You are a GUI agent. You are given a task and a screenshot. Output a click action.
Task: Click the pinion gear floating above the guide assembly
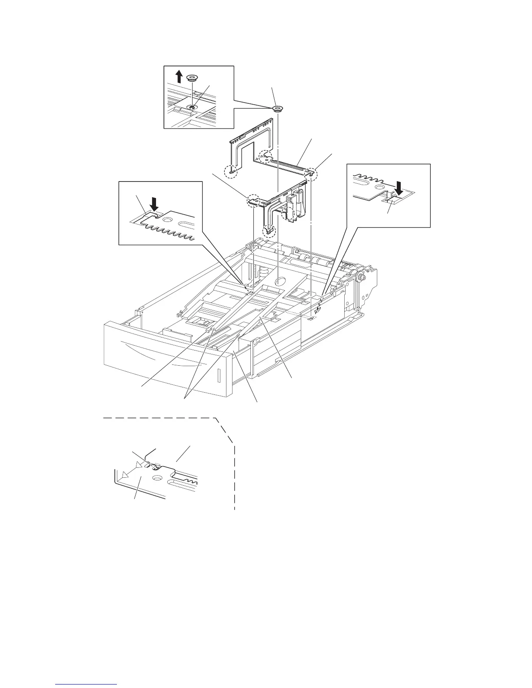click(277, 108)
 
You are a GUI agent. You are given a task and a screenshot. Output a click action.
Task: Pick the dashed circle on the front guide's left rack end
click(253, 201)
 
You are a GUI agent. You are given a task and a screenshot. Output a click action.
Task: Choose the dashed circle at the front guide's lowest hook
click(268, 230)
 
